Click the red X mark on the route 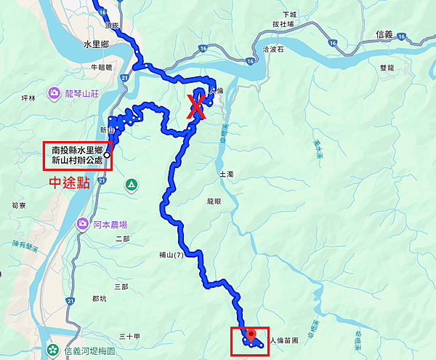click(195, 107)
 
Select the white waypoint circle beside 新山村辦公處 click(107, 155)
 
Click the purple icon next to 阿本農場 click(84, 224)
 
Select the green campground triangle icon click(131, 185)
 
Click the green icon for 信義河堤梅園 click(54, 351)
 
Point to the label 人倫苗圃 click(284, 340)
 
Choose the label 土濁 click(225, 175)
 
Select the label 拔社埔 click(283, 24)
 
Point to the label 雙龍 click(387, 67)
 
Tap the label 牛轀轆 click(101, 67)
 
